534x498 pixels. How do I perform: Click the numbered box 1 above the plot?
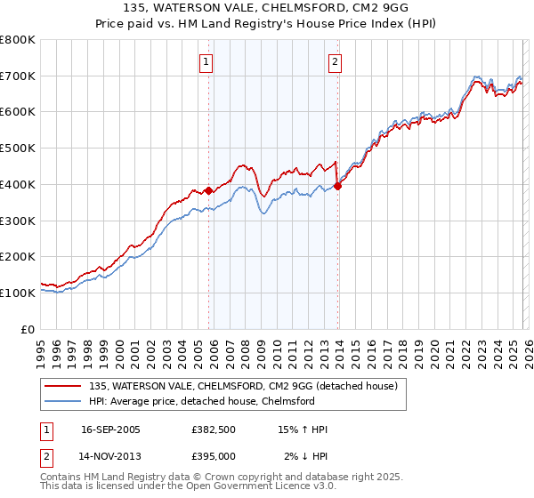pos(206,62)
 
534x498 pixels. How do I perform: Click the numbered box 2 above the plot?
pos(335,62)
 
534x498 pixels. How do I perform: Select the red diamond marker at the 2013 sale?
pos(338,186)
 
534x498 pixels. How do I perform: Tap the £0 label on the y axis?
pos(28,329)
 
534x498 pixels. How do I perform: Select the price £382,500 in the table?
pos(213,430)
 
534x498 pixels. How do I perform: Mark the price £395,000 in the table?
pos(213,455)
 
